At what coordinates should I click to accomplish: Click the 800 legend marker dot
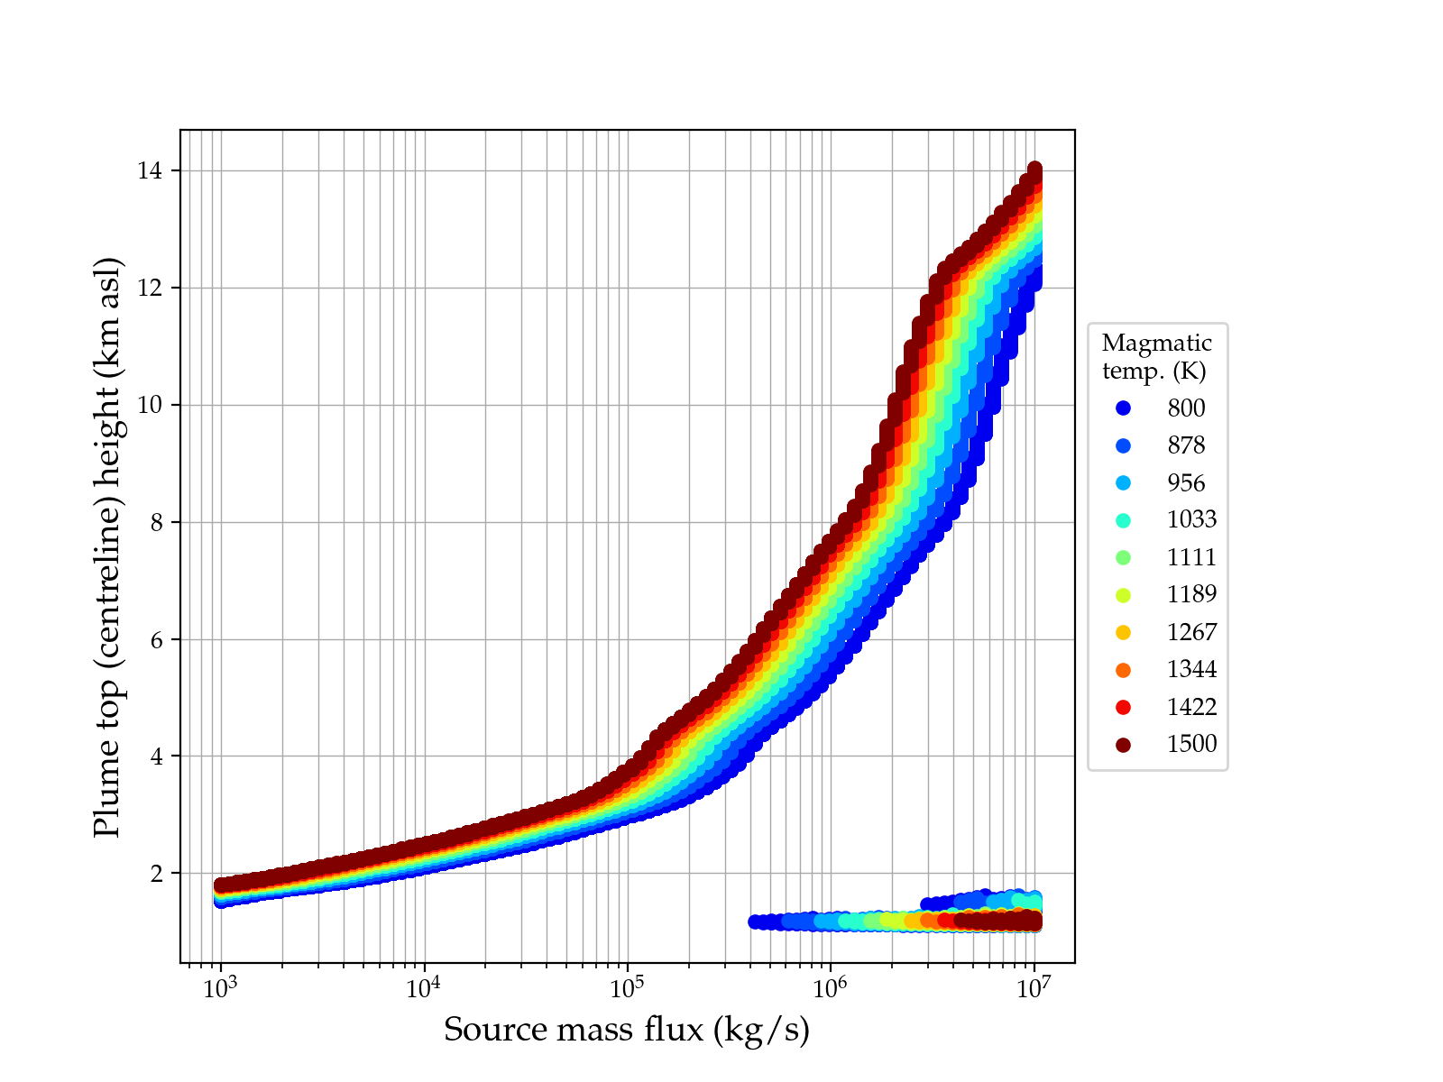[x=1123, y=408]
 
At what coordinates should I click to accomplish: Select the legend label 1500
[x=1191, y=744]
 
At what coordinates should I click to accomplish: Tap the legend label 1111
[x=1191, y=557]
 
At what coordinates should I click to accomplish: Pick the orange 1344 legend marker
[x=1123, y=670]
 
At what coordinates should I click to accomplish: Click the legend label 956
[x=1186, y=483]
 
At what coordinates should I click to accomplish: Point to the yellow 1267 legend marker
[x=1123, y=632]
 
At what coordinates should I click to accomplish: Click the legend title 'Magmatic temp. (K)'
[x=1156, y=356]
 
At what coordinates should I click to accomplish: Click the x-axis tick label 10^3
[x=221, y=988]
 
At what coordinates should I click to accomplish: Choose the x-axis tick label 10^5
[x=628, y=988]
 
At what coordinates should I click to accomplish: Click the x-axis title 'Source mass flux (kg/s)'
[x=627, y=1030]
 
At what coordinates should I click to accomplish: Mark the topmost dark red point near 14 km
[x=1035, y=170]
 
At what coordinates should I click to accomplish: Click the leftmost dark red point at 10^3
[x=221, y=885]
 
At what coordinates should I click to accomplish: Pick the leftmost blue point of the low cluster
[x=755, y=922]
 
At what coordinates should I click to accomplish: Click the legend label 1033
[x=1191, y=520]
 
